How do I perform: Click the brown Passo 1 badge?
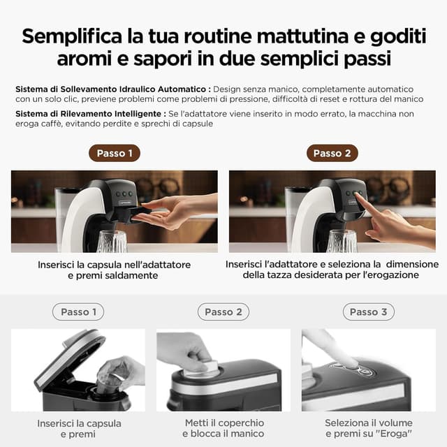[115, 153]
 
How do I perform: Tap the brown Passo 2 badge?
[332, 153]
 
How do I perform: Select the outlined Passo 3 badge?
[368, 312]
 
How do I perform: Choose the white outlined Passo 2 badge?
[223, 312]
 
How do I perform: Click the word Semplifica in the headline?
[75, 37]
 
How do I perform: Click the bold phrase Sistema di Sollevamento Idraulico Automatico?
[111, 89]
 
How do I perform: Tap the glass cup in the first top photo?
[112, 242]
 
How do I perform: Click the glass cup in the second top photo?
[342, 242]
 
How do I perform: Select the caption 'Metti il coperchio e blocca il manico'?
[223, 428]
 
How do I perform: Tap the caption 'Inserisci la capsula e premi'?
[79, 428]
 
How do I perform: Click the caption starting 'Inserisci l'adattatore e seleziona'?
[332, 270]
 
